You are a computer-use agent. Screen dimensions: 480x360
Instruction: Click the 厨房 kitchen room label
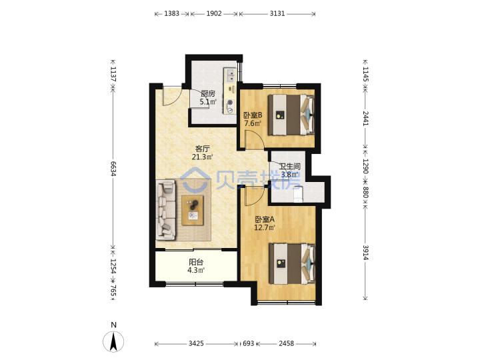click(x=208, y=94)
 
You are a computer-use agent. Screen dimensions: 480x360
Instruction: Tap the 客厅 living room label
click(x=203, y=149)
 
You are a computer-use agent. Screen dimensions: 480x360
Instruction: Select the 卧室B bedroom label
click(x=253, y=115)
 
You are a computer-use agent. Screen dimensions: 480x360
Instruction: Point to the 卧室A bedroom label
click(x=265, y=219)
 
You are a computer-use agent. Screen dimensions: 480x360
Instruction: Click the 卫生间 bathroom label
click(x=289, y=167)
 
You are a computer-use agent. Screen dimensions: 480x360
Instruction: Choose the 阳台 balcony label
click(x=196, y=263)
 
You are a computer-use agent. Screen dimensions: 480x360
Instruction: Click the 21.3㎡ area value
click(x=203, y=157)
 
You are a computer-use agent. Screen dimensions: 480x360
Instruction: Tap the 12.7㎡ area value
click(x=265, y=228)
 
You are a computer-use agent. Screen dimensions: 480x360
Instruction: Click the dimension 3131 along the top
click(x=277, y=13)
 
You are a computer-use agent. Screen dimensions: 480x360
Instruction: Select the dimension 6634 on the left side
click(x=113, y=169)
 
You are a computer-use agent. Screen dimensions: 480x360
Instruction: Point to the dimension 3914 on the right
click(x=365, y=253)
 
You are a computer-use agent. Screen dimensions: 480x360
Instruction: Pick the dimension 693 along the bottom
click(x=248, y=343)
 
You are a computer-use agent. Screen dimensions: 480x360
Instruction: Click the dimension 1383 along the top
click(x=172, y=13)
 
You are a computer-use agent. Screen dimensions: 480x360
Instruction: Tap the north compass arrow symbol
click(x=113, y=341)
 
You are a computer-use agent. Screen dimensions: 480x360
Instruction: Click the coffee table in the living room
click(x=193, y=210)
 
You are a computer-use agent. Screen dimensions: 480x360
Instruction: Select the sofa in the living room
click(x=166, y=210)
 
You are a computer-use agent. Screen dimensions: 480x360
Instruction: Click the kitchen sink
click(x=230, y=75)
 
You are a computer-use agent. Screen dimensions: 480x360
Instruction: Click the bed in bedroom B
click(x=291, y=115)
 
